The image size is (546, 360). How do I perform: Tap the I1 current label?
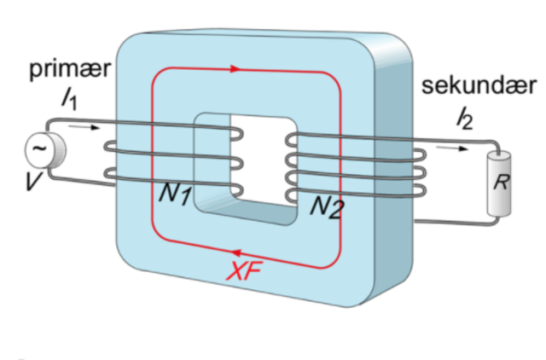point(68,101)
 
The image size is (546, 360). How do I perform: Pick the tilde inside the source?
point(38,150)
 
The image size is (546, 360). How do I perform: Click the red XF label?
point(247,271)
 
